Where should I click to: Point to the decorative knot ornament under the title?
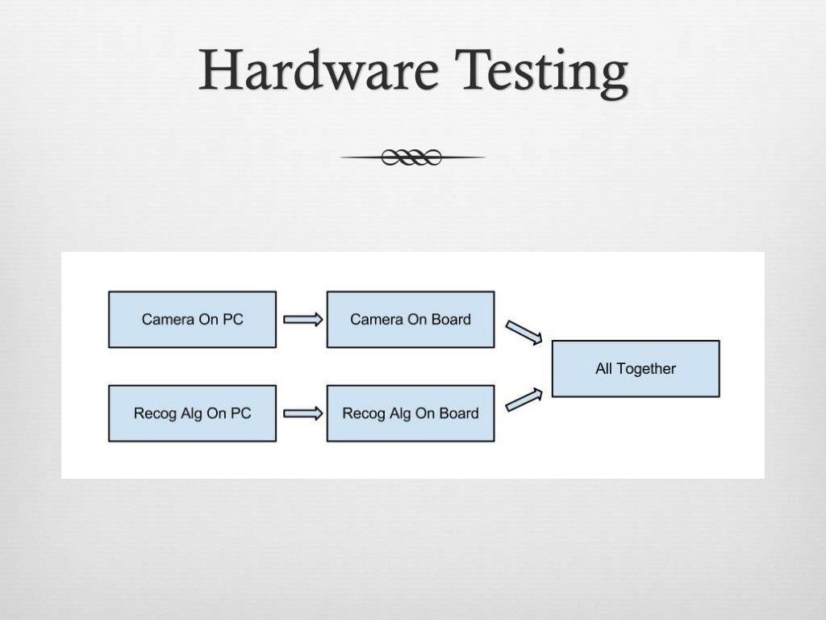[x=412, y=157]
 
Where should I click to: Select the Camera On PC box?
[x=192, y=320]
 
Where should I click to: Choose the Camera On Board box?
[x=410, y=320]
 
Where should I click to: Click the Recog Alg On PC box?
[x=192, y=413]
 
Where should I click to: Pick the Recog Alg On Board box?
[x=410, y=413]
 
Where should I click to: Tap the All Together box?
[x=635, y=369]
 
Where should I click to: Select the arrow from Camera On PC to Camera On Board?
[x=302, y=320]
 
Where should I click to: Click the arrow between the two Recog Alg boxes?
[x=302, y=413]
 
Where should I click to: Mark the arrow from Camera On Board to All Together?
[x=524, y=332]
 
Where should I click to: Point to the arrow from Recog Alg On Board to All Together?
[x=524, y=400]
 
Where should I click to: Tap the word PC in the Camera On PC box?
[x=233, y=320]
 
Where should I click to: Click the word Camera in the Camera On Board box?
[x=376, y=320]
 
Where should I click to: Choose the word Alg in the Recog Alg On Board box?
[x=401, y=414]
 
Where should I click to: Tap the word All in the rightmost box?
[x=604, y=369]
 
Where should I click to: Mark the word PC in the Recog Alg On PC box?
[x=241, y=413]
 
